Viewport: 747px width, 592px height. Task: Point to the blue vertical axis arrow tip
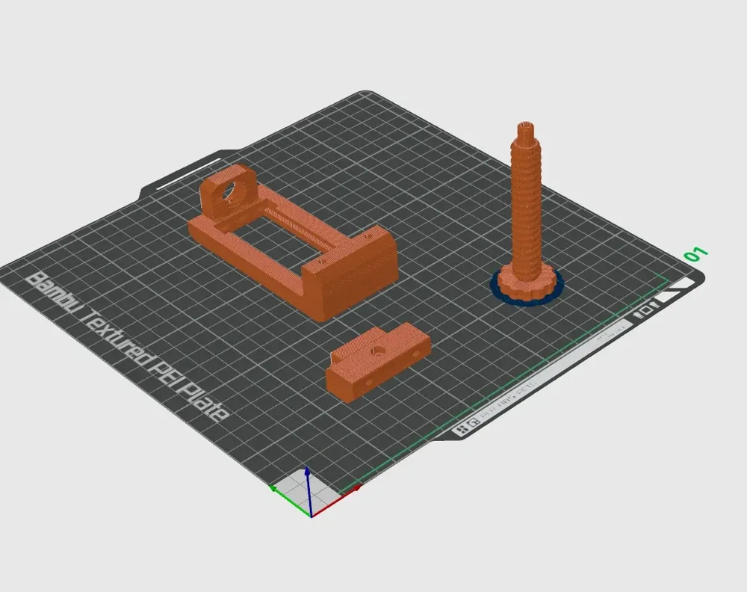(x=307, y=472)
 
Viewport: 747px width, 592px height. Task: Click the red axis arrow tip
(x=358, y=487)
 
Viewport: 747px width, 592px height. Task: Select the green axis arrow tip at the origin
(x=274, y=488)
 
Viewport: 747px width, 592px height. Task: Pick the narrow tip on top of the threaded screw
(x=525, y=128)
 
